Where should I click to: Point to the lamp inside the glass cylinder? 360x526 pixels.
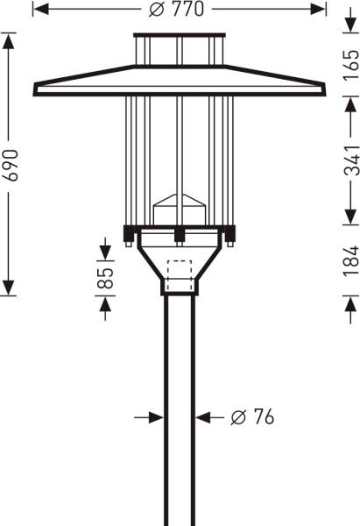click(x=179, y=211)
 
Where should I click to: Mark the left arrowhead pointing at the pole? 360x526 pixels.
click(x=158, y=418)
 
